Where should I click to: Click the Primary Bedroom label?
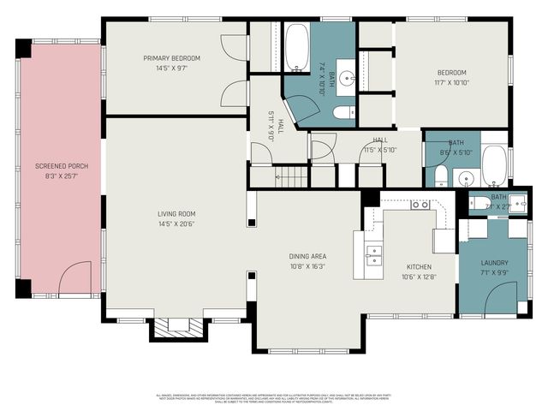point(171,58)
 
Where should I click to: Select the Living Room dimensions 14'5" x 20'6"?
point(176,223)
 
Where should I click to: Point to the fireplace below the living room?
point(178,325)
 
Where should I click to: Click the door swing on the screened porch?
point(76,278)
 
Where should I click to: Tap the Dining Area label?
point(307,256)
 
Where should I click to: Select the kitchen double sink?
point(373,254)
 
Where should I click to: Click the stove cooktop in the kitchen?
point(420,205)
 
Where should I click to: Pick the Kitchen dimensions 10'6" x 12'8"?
point(419,276)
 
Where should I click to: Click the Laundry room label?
point(494,263)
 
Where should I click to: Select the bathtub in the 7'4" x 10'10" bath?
point(297,49)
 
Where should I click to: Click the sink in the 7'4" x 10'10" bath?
point(347,80)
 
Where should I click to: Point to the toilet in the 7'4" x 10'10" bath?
point(344,112)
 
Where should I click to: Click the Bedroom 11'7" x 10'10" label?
point(451,72)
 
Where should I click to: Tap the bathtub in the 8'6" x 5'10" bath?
point(494,164)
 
